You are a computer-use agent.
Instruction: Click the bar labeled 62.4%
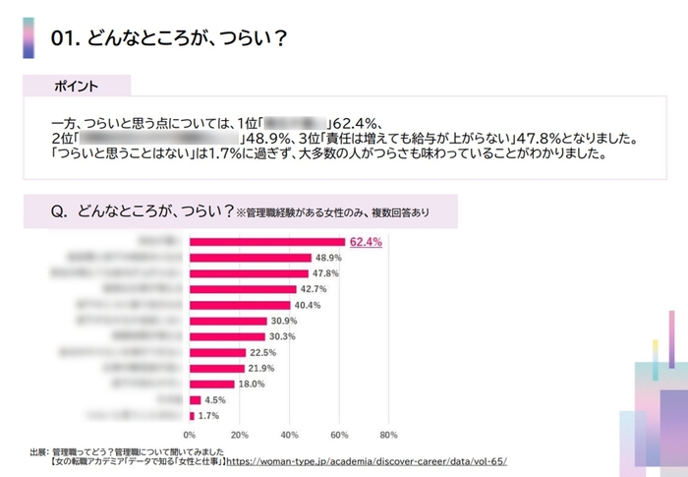point(265,241)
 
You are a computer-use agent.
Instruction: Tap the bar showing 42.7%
point(242,289)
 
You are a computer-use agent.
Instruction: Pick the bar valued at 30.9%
point(227,321)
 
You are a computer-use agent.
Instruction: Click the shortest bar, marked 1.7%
point(192,416)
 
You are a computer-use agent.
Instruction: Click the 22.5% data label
point(263,352)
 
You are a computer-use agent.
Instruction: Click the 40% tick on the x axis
point(289,434)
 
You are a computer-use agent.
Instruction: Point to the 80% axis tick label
point(388,434)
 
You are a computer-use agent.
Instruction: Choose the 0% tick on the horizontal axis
point(190,434)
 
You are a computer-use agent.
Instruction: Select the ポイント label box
point(76,87)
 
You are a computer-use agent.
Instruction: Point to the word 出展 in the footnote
point(38,450)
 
